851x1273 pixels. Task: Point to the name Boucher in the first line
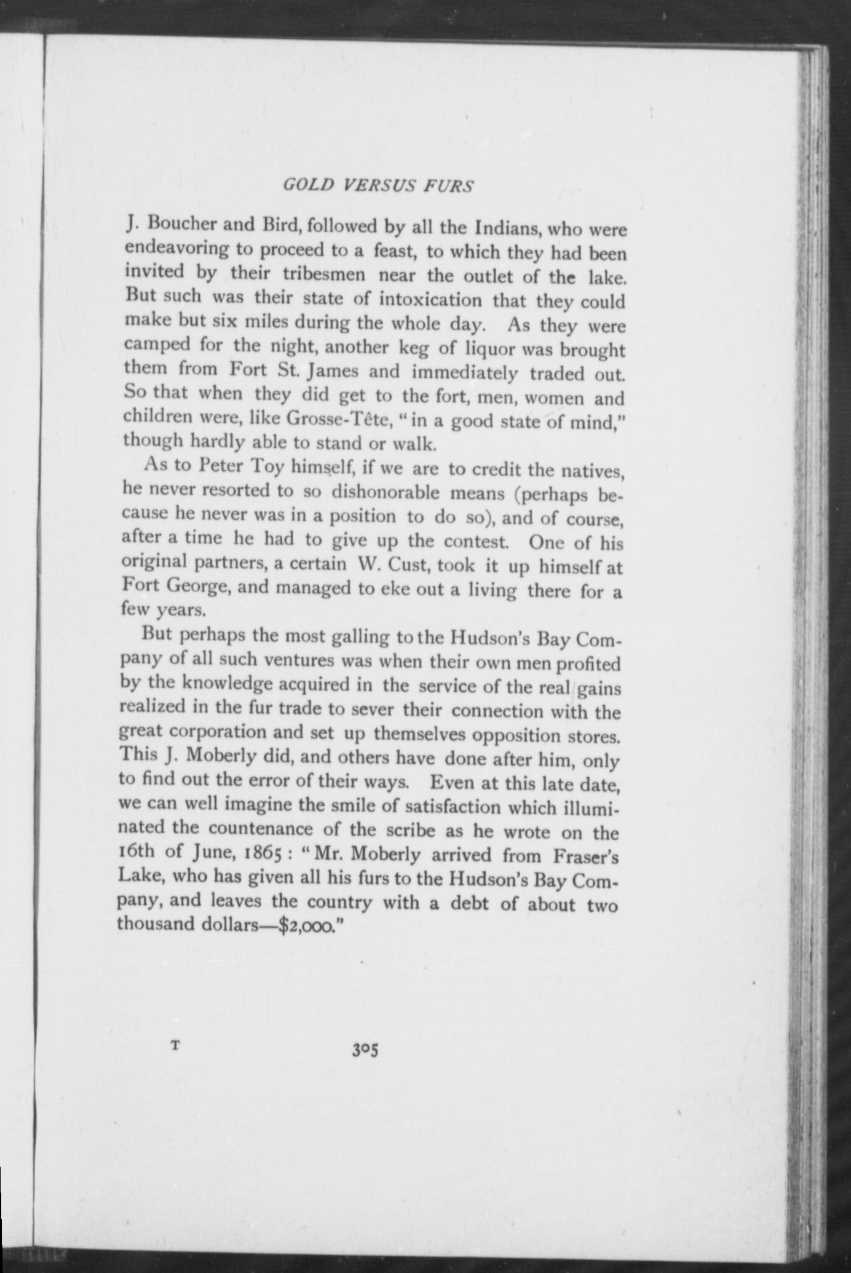click(x=180, y=224)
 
